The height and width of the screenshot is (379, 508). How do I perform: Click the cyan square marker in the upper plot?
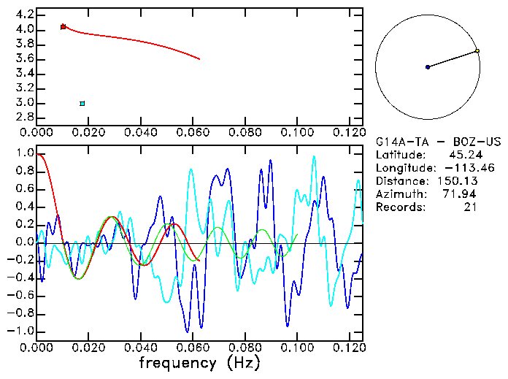pos(82,104)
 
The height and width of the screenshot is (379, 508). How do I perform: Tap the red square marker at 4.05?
pos(64,26)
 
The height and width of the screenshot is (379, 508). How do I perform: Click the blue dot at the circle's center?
pos(428,67)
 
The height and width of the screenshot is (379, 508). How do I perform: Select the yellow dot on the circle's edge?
pos(477,51)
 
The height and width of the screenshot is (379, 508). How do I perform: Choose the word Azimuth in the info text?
pos(399,194)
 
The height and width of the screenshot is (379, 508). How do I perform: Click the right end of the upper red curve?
pos(199,59)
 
